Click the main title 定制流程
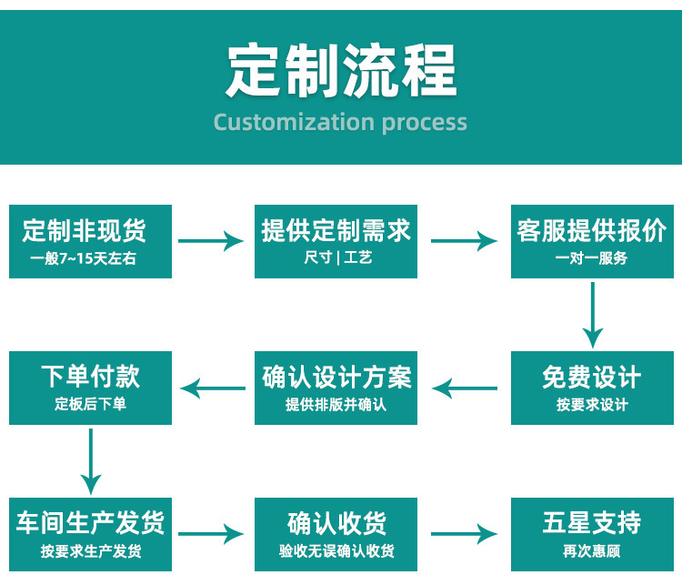click(x=340, y=70)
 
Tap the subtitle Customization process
click(x=340, y=122)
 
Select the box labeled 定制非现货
click(x=90, y=241)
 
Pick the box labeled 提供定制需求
click(x=336, y=241)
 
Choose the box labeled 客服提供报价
click(x=592, y=241)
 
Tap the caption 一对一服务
click(x=591, y=258)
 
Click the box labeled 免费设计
click(x=592, y=388)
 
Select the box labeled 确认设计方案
click(x=336, y=388)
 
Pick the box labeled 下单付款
click(x=90, y=388)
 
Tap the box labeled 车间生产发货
click(x=90, y=534)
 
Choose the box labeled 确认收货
click(x=336, y=534)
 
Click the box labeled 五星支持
click(x=592, y=534)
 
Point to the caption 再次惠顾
click(x=591, y=551)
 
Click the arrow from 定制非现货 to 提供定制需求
click(x=211, y=241)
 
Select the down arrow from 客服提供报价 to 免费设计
click(x=593, y=315)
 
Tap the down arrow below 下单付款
click(x=90, y=461)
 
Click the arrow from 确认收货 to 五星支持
click(x=464, y=534)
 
